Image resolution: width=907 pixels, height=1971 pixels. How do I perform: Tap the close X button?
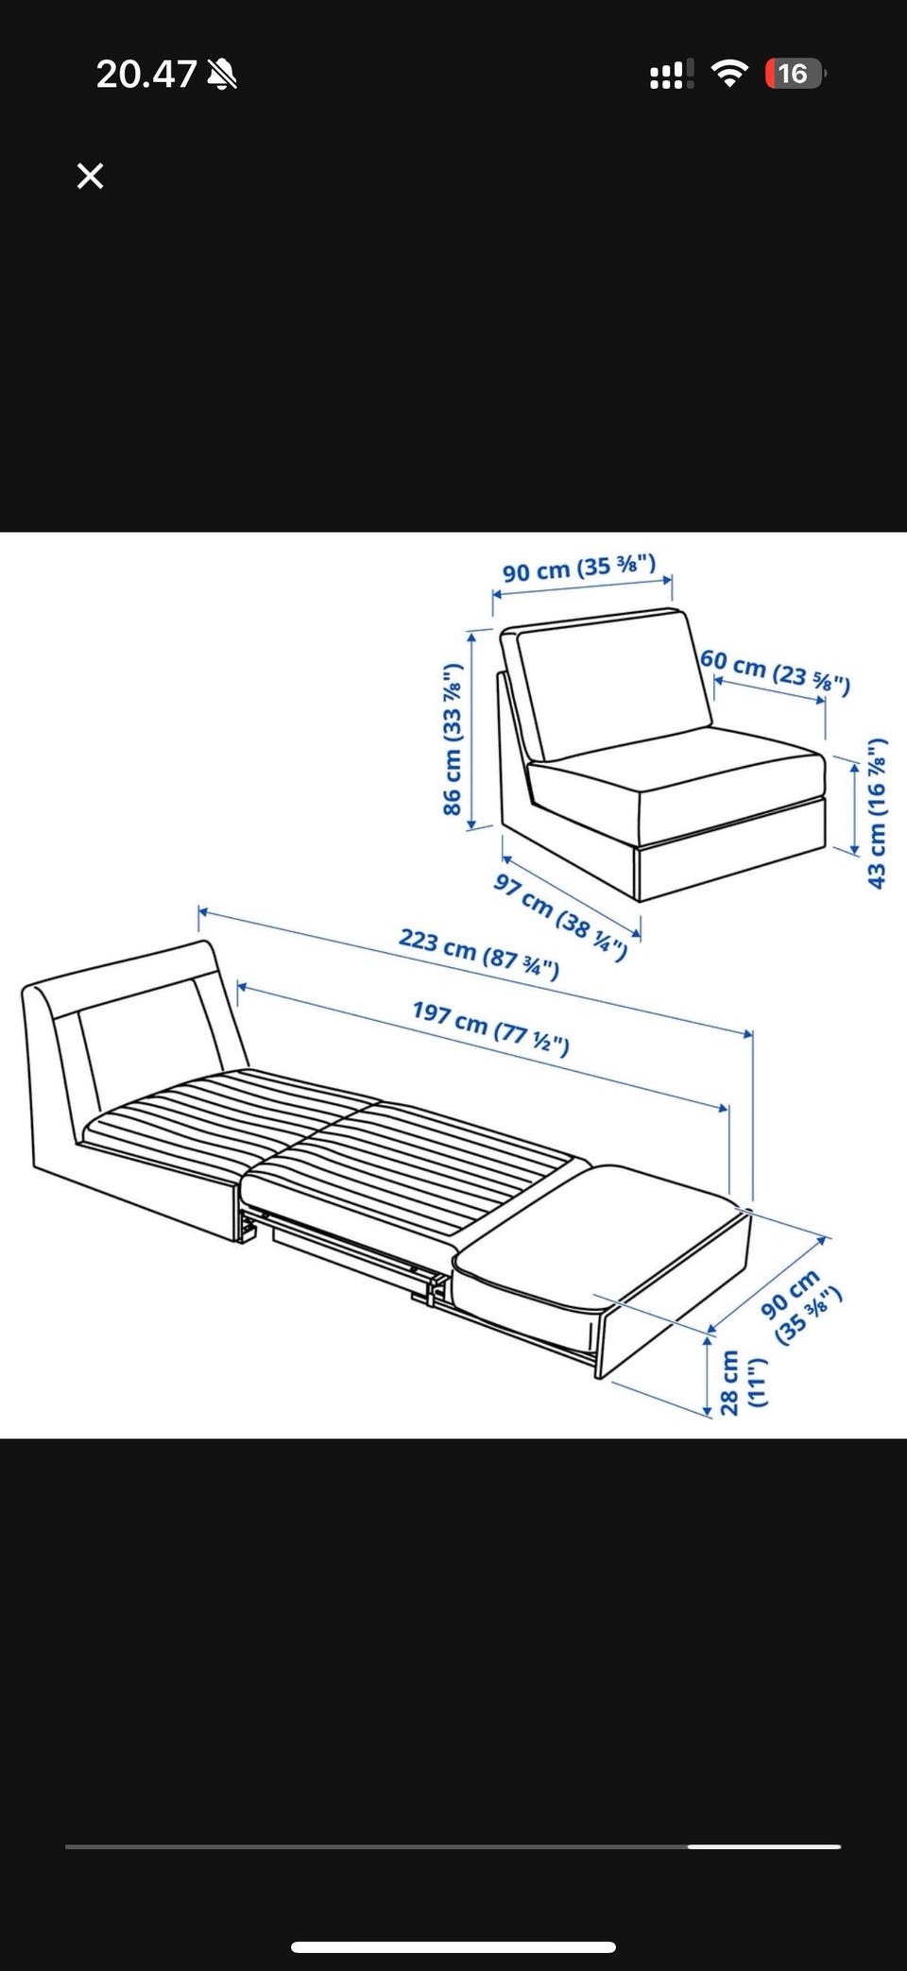tap(90, 176)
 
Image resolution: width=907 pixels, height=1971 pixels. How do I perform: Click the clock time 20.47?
tap(145, 74)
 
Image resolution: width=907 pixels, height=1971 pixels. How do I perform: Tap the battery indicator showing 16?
tap(795, 73)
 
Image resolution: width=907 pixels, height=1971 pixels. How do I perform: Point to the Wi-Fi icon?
tap(727, 73)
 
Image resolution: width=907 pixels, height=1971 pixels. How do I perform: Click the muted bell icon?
tap(222, 74)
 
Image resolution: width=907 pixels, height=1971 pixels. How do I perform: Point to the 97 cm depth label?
tap(560, 916)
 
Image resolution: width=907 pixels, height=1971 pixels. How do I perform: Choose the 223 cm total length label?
tap(479, 953)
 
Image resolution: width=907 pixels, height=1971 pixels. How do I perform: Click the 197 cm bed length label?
tap(490, 1027)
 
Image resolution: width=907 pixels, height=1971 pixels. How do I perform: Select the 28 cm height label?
tap(742, 1382)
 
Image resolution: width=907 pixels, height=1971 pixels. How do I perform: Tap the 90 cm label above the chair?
tap(578, 569)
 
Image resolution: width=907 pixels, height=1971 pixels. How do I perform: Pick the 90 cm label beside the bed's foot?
tap(799, 1307)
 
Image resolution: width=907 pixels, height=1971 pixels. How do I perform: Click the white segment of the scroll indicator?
tap(764, 1845)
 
